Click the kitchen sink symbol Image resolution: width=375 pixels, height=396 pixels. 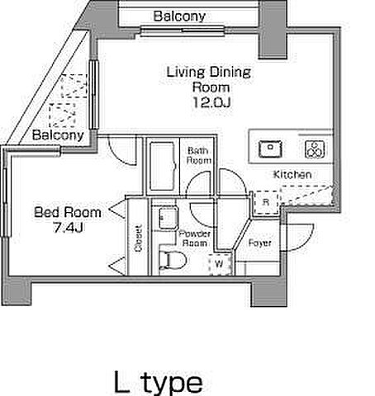tap(270, 148)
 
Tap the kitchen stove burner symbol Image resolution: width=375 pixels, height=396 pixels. tap(315, 149)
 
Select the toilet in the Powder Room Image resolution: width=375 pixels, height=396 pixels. tap(173, 260)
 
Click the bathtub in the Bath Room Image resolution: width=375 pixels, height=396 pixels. tap(162, 166)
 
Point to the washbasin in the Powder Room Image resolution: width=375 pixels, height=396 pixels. tap(169, 218)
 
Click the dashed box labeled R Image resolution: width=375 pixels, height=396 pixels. tap(266, 203)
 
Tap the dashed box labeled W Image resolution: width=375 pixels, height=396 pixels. tap(220, 264)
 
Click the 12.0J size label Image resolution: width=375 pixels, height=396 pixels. tap(211, 102)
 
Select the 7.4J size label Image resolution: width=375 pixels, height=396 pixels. tap(68, 228)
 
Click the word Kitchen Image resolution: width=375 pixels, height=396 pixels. tap(292, 175)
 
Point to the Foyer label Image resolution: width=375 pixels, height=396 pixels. tap(260, 243)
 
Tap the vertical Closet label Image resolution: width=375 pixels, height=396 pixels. tap(139, 238)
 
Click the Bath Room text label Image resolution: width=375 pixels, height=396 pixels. tap(199, 155)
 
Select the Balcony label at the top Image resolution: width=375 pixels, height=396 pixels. tap(179, 16)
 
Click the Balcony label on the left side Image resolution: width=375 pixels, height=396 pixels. tap(58, 135)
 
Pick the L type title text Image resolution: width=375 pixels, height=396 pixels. tap(159, 382)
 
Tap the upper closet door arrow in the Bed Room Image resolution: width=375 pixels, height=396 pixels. tap(118, 210)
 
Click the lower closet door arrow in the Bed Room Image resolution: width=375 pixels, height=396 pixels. tap(117, 266)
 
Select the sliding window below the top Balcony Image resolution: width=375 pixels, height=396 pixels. tap(183, 31)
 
